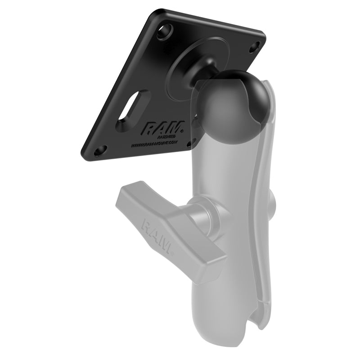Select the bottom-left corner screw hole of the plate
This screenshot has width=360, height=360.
[103, 149]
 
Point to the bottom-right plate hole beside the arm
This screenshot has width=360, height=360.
[194, 143]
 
